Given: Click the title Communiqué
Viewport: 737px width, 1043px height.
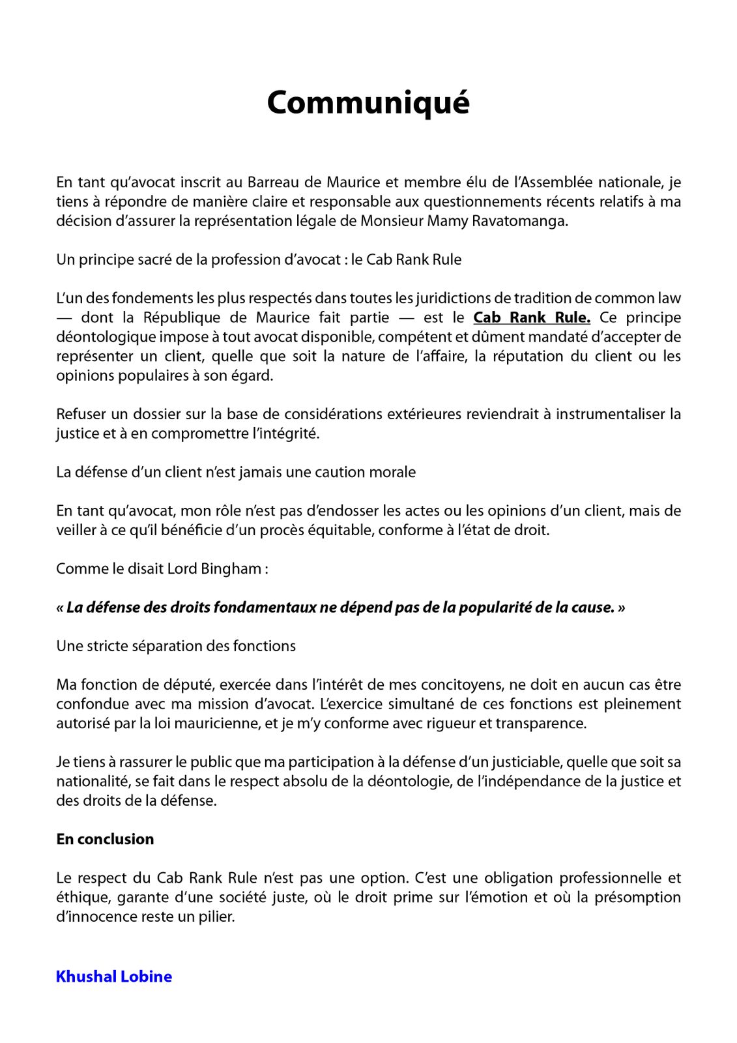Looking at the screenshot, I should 368,103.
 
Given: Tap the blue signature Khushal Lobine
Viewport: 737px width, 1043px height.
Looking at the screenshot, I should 114,976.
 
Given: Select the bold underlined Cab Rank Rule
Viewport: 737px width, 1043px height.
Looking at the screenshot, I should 532,317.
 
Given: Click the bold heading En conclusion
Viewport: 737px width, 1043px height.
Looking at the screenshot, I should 105,839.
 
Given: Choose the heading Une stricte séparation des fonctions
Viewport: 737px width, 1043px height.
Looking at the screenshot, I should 176,646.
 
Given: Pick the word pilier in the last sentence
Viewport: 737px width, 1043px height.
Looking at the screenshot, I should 216,917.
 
